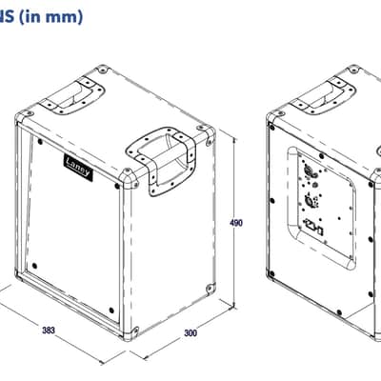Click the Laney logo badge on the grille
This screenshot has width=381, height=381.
[x=78, y=168]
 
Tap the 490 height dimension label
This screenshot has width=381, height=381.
[x=236, y=223]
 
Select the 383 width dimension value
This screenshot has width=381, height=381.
[x=49, y=331]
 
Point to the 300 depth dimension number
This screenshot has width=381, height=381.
[x=190, y=332]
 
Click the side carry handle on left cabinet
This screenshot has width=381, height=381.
[x=161, y=161]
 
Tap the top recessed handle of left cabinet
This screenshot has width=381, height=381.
[x=72, y=94]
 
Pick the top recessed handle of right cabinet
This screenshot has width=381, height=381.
[x=323, y=94]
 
